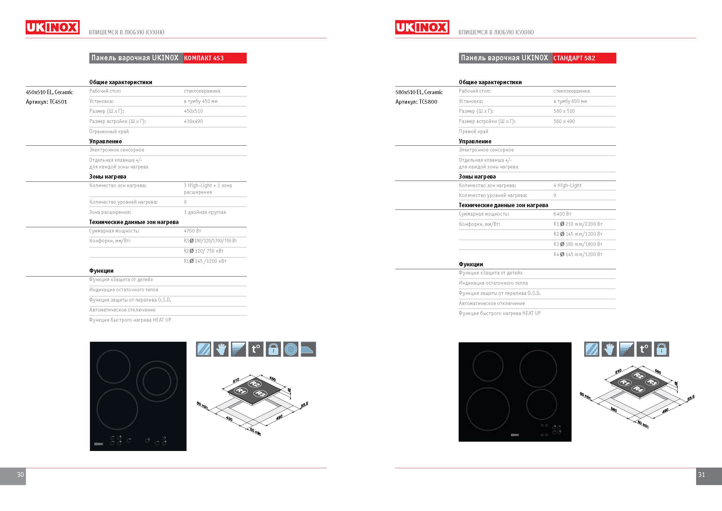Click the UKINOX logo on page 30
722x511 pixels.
pyautogui.click(x=52, y=27)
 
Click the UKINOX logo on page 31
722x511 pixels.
pyautogui.click(x=422, y=27)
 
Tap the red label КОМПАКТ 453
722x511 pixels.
pyautogui.click(x=204, y=58)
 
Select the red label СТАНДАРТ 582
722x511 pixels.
pyautogui.click(x=574, y=58)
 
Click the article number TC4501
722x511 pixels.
pyautogui.click(x=58, y=102)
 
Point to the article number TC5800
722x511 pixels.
pyautogui.click(x=428, y=102)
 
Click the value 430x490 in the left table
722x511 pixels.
pyautogui.click(x=194, y=121)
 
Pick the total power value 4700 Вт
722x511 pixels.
pyautogui.click(x=192, y=231)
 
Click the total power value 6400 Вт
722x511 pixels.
pyautogui.click(x=562, y=214)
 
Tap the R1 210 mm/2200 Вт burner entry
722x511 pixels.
pyautogui.click(x=578, y=224)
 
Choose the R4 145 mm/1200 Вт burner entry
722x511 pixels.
pyautogui.click(x=578, y=254)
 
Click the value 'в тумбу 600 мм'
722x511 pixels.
pyautogui.click(x=570, y=101)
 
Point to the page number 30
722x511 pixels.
pyautogui.click(x=20, y=475)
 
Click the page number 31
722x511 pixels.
pyautogui.click(x=702, y=475)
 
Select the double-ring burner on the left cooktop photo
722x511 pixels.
pyautogui.click(x=157, y=381)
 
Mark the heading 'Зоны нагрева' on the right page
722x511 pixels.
pyautogui.click(x=477, y=177)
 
